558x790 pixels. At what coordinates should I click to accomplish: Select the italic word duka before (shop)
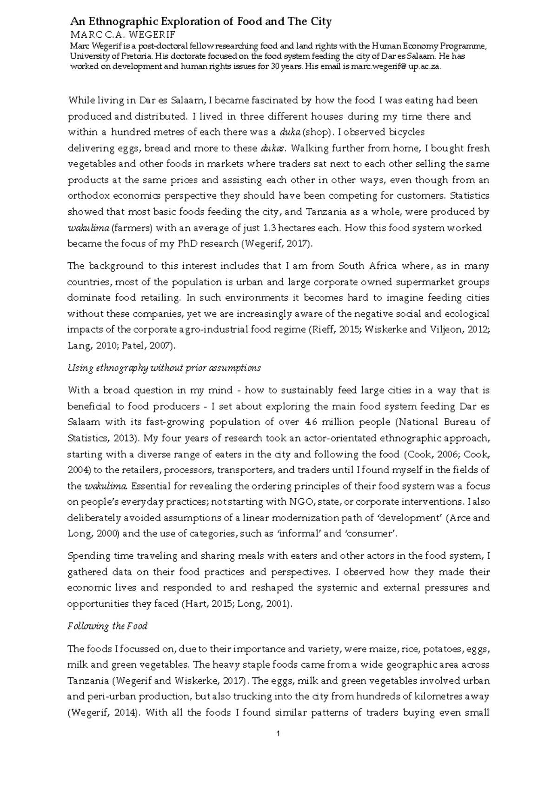point(289,132)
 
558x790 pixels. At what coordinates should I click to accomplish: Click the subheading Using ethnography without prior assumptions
point(164,368)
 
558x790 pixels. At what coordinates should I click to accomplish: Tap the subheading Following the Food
point(107,626)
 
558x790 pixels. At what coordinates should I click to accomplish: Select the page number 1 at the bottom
point(278,734)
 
